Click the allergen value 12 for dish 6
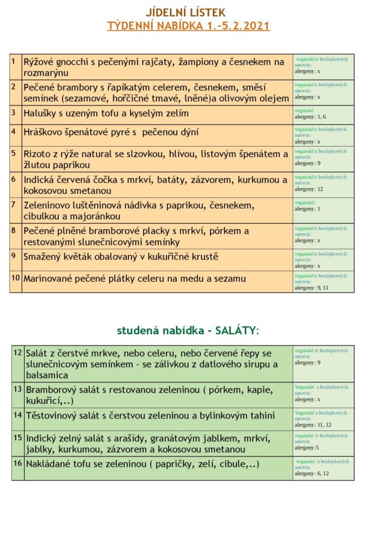click(320, 189)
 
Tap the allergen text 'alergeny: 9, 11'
click(311, 288)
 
